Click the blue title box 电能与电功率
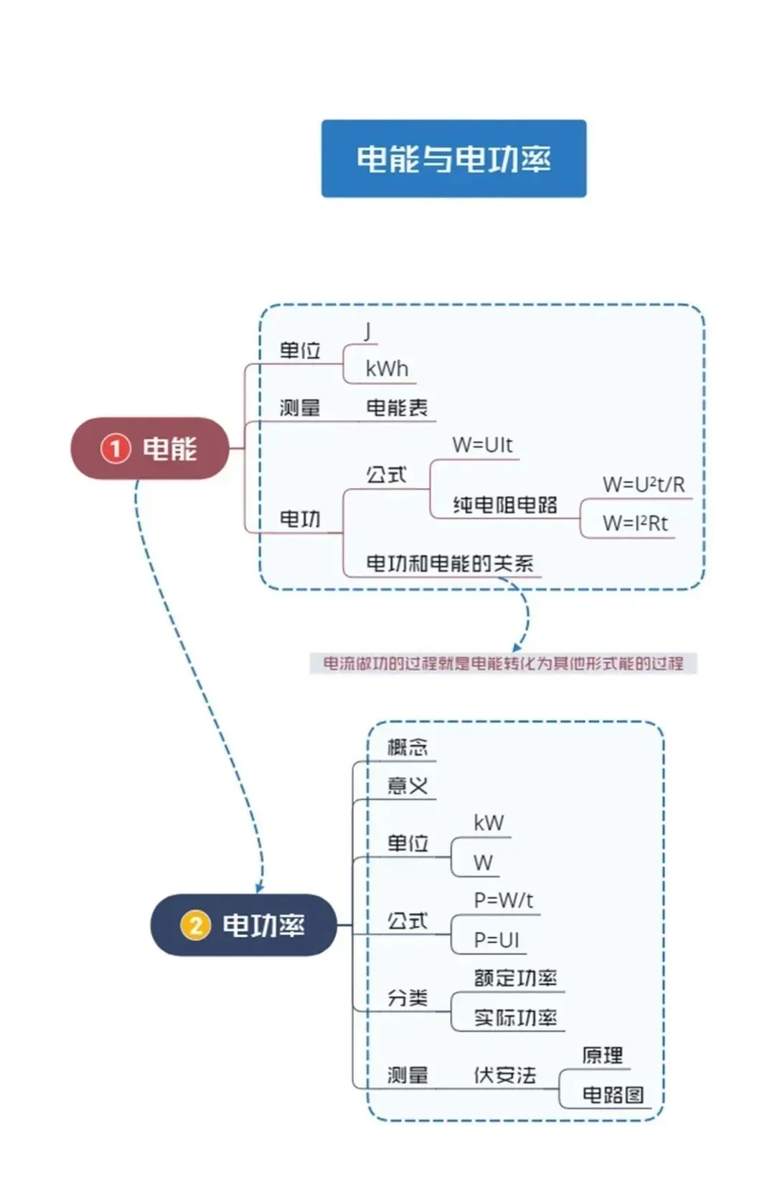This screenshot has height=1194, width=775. [x=454, y=159]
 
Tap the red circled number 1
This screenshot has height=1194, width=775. [x=115, y=449]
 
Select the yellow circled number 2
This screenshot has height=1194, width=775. [x=195, y=925]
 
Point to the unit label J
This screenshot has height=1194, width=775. [x=367, y=331]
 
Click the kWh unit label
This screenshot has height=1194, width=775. [x=387, y=369]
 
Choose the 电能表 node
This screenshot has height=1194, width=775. [x=397, y=408]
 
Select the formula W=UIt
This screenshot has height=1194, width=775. [x=482, y=445]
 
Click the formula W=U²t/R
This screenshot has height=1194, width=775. [x=643, y=485]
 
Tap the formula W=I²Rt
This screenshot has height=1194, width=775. [x=634, y=523]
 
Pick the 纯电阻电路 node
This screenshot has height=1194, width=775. [x=505, y=505]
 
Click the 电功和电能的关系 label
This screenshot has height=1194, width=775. [x=450, y=564]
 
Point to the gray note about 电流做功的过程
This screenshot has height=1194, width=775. [x=503, y=663]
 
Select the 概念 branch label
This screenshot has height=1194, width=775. [x=407, y=747]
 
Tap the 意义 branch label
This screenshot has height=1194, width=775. [x=407, y=785]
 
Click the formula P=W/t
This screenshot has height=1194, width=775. [x=503, y=900]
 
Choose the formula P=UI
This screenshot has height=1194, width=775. [x=496, y=940]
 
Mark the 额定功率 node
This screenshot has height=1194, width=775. [x=515, y=978]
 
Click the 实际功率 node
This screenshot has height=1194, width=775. [x=515, y=1017]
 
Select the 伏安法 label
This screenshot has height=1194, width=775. [x=504, y=1075]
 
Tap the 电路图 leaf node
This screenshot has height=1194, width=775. [x=612, y=1095]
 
